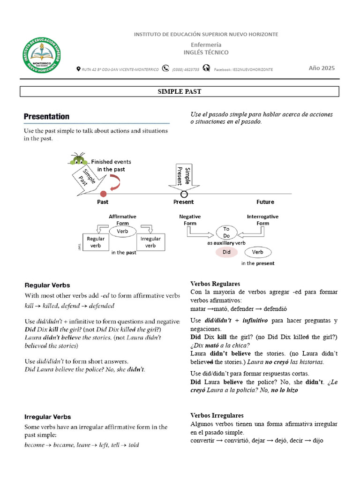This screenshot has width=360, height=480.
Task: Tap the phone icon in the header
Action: click(x=165, y=68)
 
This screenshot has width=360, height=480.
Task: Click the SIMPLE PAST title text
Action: click(x=180, y=91)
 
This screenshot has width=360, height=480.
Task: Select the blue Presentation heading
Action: click(x=47, y=116)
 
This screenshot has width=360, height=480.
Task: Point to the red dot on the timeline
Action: click(x=103, y=194)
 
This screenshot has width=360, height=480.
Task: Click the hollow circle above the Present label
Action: click(x=184, y=194)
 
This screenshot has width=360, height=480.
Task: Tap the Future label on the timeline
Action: click(x=265, y=202)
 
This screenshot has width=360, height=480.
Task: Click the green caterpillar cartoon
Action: click(x=78, y=159)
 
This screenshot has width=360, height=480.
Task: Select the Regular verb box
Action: click(x=96, y=242)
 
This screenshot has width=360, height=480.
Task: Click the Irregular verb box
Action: click(x=150, y=242)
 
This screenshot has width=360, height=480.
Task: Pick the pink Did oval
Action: click(x=226, y=252)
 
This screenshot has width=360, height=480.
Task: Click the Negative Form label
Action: click(x=190, y=220)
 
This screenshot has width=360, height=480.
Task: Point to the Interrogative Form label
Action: click(x=262, y=220)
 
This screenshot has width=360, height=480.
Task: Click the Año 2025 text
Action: click(x=322, y=68)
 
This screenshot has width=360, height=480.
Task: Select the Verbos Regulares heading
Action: click(x=215, y=284)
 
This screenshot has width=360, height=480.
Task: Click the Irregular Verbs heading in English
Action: click(x=48, y=416)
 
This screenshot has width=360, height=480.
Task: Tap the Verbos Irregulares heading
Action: click(x=217, y=415)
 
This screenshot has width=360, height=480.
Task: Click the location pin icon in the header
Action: click(x=78, y=69)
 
